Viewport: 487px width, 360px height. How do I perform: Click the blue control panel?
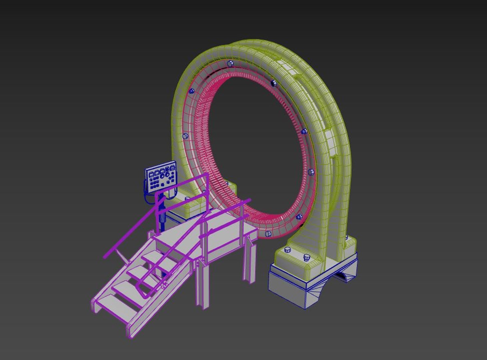pos(161,176)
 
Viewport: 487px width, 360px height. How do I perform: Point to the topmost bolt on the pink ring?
pos(229,63)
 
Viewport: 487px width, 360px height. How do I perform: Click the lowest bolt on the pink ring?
pos(268,230)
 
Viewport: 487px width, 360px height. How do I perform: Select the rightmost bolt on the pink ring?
pos(311,172)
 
